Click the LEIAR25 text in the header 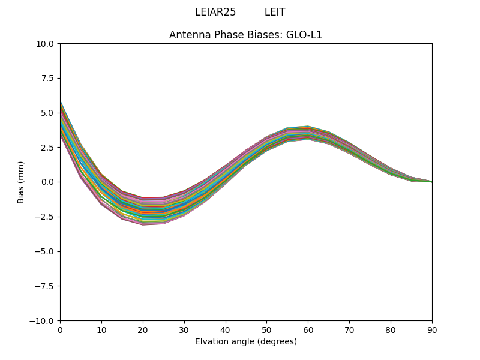pyautogui.click(x=215, y=12)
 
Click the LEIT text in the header pyautogui.click(x=275, y=12)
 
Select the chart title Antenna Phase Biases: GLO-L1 pyautogui.click(x=245, y=35)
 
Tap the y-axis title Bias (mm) pyautogui.click(x=21, y=182)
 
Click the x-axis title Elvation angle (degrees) pyautogui.click(x=245, y=341)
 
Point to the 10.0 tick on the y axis pyautogui.click(x=46, y=44)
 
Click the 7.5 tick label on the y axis pyautogui.click(x=48, y=78)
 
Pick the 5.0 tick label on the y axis pyautogui.click(x=48, y=113)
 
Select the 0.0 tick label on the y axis pyautogui.click(x=48, y=182)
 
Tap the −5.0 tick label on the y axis pyautogui.click(x=46, y=251)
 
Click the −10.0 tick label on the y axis pyautogui.click(x=44, y=320)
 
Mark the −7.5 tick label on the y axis pyautogui.click(x=46, y=286)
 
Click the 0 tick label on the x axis pyautogui.click(x=60, y=329)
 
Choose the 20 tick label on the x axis pyautogui.click(x=143, y=329)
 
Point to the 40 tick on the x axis pyautogui.click(x=226, y=329)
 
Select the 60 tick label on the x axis pyautogui.click(x=308, y=329)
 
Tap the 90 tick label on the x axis pyautogui.click(x=432, y=329)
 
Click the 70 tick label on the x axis pyautogui.click(x=349, y=329)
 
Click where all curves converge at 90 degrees pyautogui.click(x=431, y=181)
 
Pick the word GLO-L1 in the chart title pyautogui.click(x=307, y=35)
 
